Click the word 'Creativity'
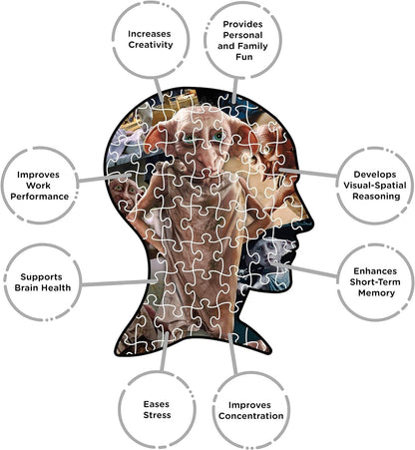pos(151,45)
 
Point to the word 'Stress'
pos(157,415)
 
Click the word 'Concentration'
pos(251,416)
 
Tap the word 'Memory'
pos(376,293)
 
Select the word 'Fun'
pos(244,57)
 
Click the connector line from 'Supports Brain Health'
pos(119,282)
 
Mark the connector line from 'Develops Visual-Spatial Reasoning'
pos(308,172)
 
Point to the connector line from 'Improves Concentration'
pos(233,354)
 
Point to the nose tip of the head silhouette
pos(311,219)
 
